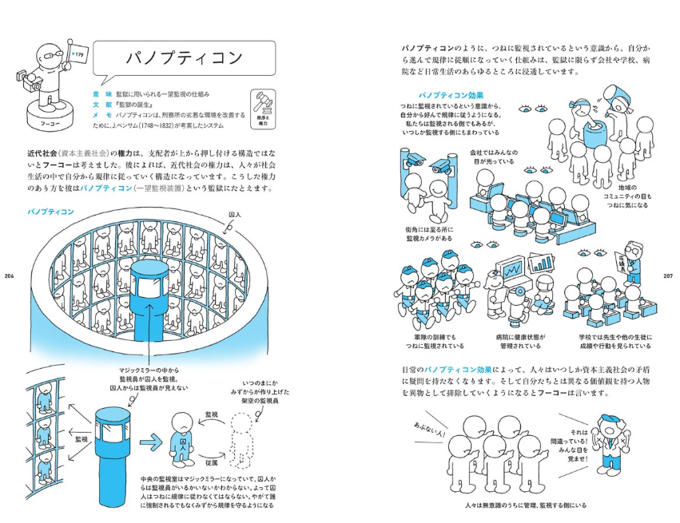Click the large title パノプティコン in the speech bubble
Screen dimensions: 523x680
coord(185,60)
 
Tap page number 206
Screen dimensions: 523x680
coord(10,276)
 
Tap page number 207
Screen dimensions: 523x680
coord(670,276)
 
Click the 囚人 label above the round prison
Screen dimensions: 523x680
coord(235,215)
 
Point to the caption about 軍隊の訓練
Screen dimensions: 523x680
coord(436,341)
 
